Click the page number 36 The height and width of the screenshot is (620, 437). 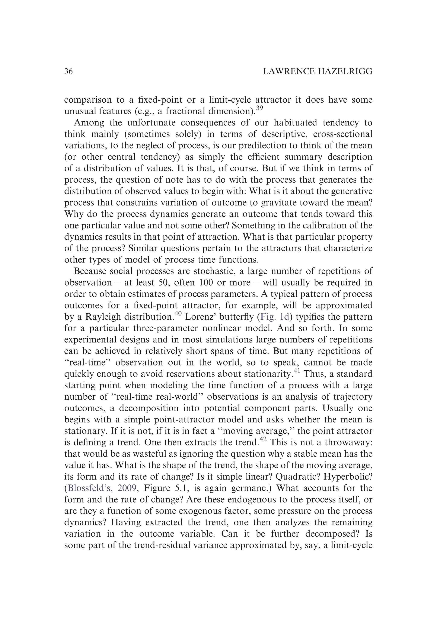[69, 71]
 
